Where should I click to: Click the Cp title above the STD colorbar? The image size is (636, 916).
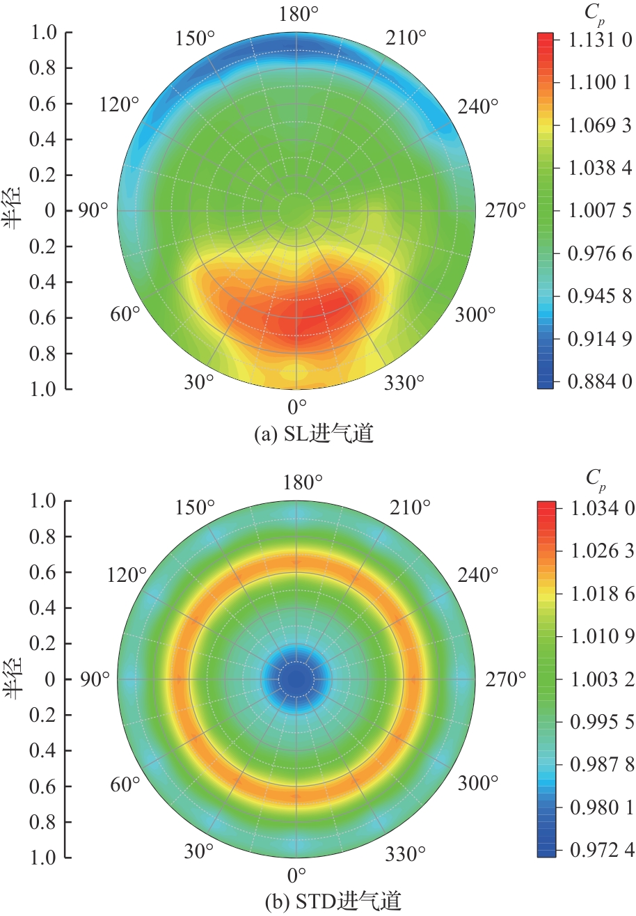pos(595,478)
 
